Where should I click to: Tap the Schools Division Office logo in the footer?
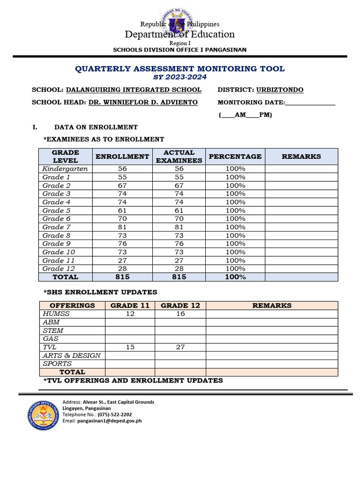(x=43, y=414)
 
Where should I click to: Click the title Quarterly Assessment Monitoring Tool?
(x=180, y=69)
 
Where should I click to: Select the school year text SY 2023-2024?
(x=180, y=77)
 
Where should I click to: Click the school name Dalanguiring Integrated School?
(x=134, y=90)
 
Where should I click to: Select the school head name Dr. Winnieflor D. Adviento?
(x=143, y=102)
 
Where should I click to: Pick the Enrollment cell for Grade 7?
(x=122, y=227)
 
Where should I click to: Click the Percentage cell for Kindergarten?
(x=235, y=169)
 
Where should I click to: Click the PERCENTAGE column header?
(x=235, y=157)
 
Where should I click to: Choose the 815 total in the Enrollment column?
(x=122, y=277)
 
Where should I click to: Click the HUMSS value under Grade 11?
(x=130, y=314)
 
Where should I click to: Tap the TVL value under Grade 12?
(x=180, y=347)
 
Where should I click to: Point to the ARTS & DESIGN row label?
(x=71, y=355)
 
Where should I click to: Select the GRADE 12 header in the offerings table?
(x=180, y=305)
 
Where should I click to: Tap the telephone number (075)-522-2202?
(x=114, y=414)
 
